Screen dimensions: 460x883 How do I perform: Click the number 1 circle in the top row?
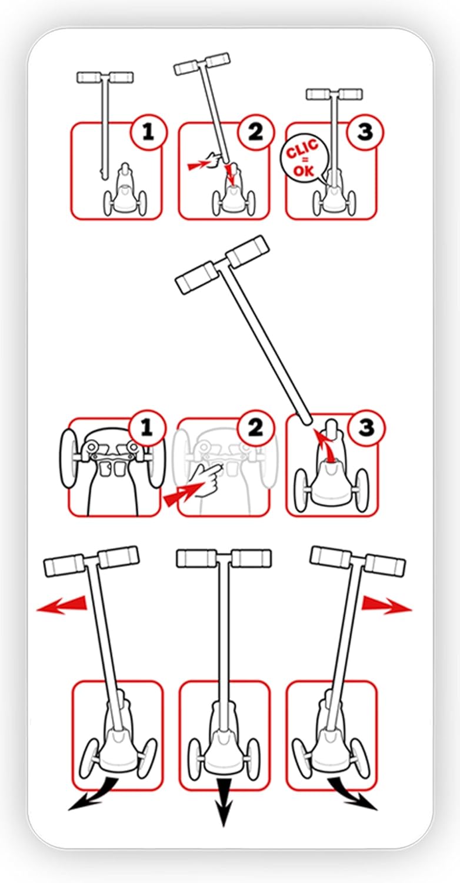click(x=148, y=132)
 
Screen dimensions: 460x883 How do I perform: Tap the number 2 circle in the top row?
click(x=256, y=132)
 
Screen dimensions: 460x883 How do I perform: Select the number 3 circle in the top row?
click(x=365, y=132)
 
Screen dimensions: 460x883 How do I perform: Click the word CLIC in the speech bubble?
click(x=302, y=150)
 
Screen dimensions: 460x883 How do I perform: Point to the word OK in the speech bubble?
click(x=304, y=171)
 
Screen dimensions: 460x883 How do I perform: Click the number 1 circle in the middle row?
click(x=146, y=428)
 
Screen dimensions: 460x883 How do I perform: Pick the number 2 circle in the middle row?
click(x=256, y=428)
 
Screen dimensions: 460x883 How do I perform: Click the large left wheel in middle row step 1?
click(x=68, y=458)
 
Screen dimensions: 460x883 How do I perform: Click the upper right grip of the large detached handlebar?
click(x=248, y=250)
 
